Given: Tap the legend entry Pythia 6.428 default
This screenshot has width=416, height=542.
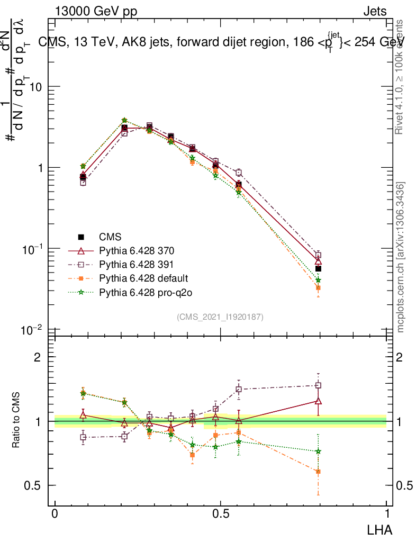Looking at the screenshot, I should pos(135,278).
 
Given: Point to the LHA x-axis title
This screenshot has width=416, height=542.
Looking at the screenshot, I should pos(381,529).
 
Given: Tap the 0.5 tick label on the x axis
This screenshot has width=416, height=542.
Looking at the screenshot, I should pos(221,513).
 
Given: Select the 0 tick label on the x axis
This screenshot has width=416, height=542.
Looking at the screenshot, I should pos(55,513).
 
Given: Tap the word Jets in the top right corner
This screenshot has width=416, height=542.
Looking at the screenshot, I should pos(374,12).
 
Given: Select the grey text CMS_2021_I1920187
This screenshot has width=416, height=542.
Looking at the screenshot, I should pos(220,317).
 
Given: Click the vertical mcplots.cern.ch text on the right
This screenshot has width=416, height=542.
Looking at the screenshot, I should pos(401,257).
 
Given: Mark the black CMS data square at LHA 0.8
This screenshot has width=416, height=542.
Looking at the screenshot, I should pos(318,268).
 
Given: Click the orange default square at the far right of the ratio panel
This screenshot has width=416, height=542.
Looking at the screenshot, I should pos(318,471).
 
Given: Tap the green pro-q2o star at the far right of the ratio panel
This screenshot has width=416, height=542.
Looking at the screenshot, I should pos(318,451).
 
